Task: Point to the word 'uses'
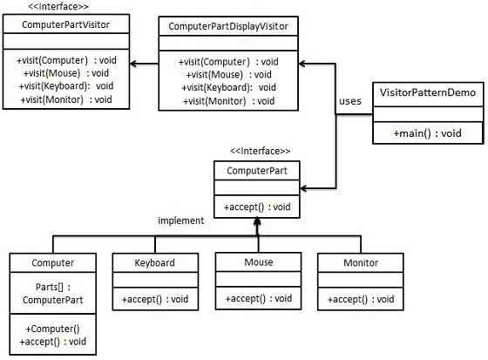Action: coord(349,100)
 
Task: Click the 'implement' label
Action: coord(181,221)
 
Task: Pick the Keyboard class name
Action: coord(155,262)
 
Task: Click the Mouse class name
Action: coord(258,262)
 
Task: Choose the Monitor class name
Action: coord(360,262)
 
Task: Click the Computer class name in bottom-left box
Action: coord(51,262)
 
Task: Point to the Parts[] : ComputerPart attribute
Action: coord(51,292)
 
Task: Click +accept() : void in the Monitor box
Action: coord(361,300)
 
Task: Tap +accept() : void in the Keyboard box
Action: coord(156,300)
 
